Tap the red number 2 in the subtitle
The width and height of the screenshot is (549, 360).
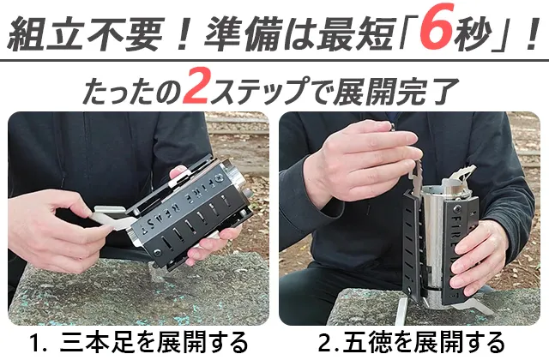click(197, 87)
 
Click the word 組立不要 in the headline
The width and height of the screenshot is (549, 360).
click(86, 33)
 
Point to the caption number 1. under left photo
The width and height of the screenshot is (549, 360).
click(39, 343)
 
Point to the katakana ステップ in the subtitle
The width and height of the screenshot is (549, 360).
click(258, 91)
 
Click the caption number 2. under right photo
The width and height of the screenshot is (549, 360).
click(329, 343)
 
